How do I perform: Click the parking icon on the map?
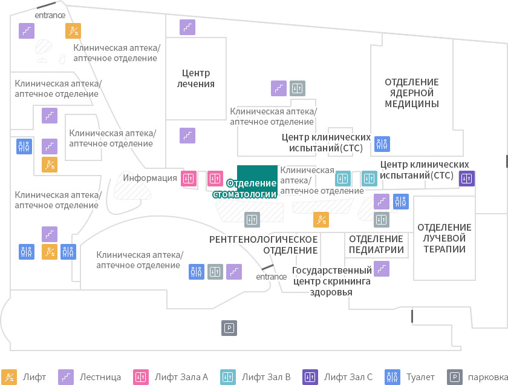229,328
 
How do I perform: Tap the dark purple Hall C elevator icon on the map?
467,179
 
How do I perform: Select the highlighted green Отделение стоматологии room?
257,180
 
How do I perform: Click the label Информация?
150,178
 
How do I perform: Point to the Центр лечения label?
196,78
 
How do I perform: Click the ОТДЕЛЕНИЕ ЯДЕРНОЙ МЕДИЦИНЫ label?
412,93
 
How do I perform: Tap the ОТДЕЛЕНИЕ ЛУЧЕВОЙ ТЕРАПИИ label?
444,238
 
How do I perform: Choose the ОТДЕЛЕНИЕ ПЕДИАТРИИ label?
376,244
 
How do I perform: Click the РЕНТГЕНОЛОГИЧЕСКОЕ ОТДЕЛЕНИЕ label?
264,245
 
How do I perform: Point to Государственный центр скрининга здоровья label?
332,281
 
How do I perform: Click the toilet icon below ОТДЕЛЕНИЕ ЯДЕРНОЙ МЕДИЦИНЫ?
382,144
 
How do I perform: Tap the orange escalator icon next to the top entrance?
73,31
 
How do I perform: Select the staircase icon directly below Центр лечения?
187,135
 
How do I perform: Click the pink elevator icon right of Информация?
189,179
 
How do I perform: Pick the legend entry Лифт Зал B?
255,377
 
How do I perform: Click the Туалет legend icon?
392,377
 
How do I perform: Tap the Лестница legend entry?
90,377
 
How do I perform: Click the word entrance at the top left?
50,15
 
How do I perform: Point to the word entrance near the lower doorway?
271,277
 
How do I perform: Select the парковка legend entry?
477,377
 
